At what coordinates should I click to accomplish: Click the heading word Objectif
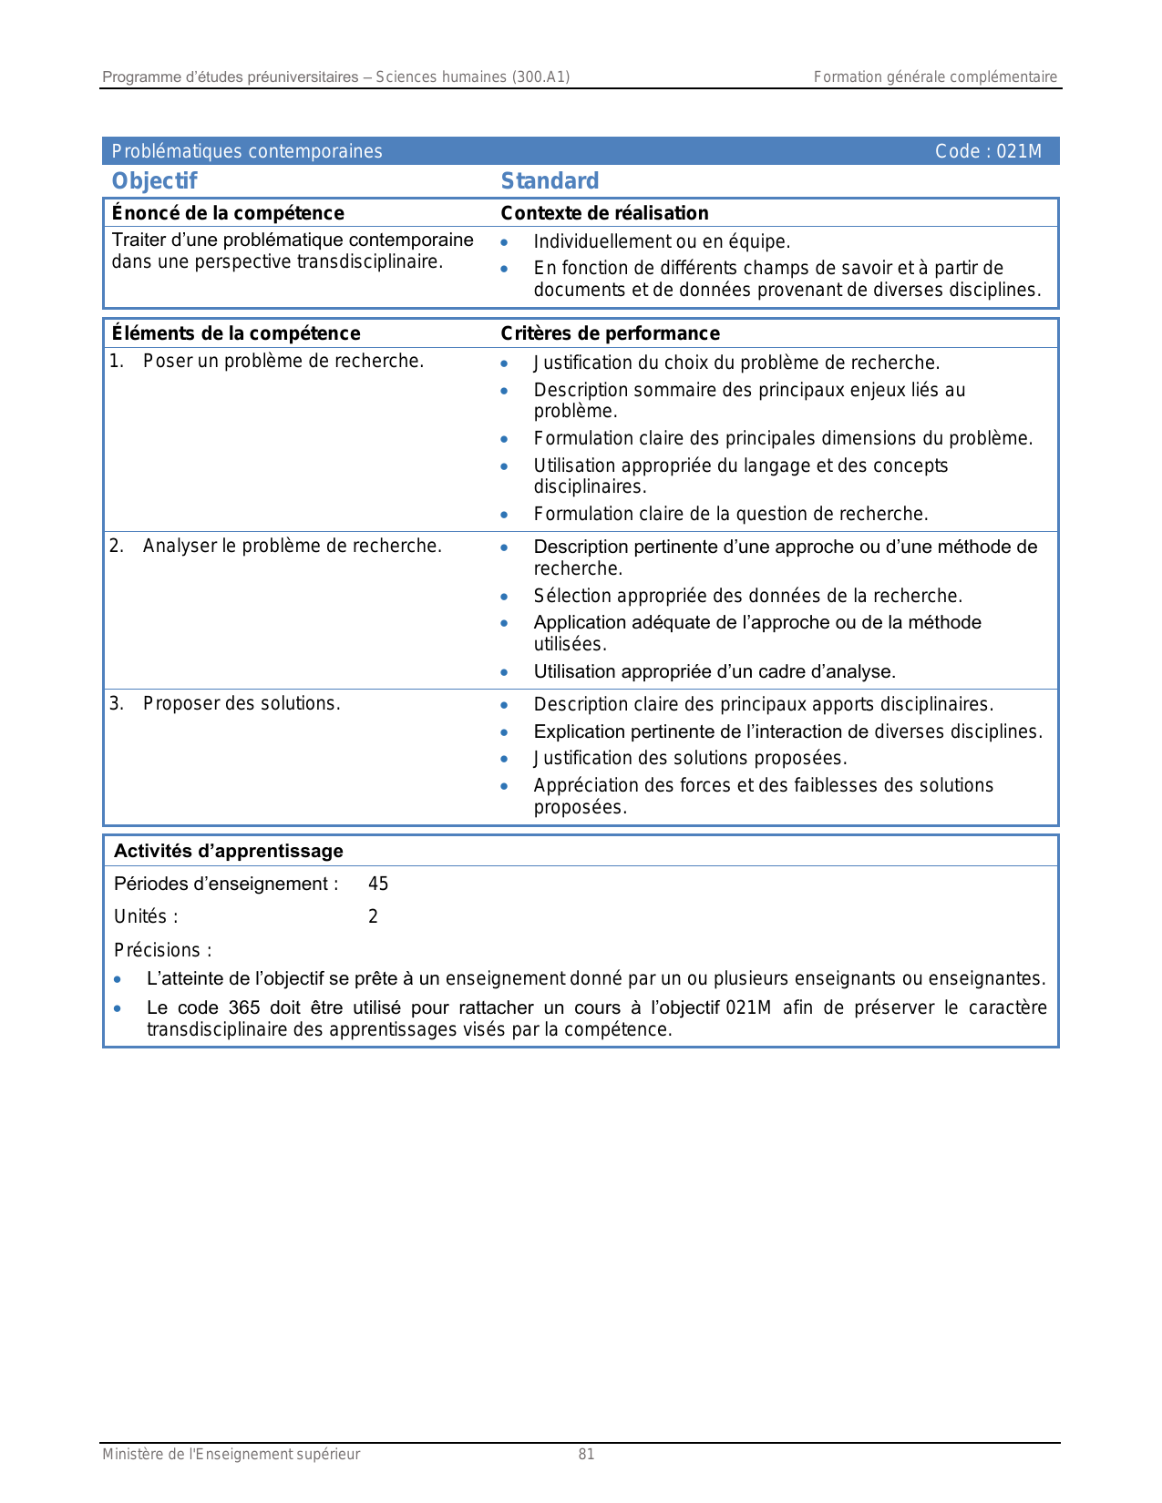pyautogui.click(x=154, y=181)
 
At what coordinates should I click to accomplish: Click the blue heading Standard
pyautogui.click(x=550, y=181)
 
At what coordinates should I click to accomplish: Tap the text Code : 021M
pyautogui.click(x=988, y=151)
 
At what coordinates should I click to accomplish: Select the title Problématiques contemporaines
pyautogui.click(x=247, y=151)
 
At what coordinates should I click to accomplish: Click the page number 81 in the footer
pyautogui.click(x=586, y=1455)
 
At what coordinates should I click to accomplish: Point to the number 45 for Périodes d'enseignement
pyautogui.click(x=378, y=884)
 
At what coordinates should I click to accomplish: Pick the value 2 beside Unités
pyautogui.click(x=373, y=916)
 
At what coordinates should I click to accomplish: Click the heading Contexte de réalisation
pyautogui.click(x=604, y=213)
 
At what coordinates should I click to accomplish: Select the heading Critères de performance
pyautogui.click(x=610, y=333)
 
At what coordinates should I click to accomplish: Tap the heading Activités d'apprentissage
pyautogui.click(x=228, y=851)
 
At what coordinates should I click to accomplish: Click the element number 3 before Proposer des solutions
pyautogui.click(x=116, y=703)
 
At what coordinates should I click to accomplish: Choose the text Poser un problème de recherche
pyautogui.click(x=283, y=361)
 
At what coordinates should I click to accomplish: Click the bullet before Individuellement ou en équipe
pyautogui.click(x=504, y=242)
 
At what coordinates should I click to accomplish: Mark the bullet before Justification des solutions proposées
pyautogui.click(x=504, y=759)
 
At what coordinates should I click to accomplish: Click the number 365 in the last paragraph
pyautogui.click(x=244, y=1007)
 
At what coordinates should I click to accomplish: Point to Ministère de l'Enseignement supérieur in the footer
pyautogui.click(x=231, y=1455)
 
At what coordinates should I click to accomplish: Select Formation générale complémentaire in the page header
pyautogui.click(x=935, y=77)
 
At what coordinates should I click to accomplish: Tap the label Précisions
pyautogui.click(x=162, y=950)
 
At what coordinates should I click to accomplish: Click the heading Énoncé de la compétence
pyautogui.click(x=228, y=213)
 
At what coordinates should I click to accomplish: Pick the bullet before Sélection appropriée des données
pyautogui.click(x=504, y=597)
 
